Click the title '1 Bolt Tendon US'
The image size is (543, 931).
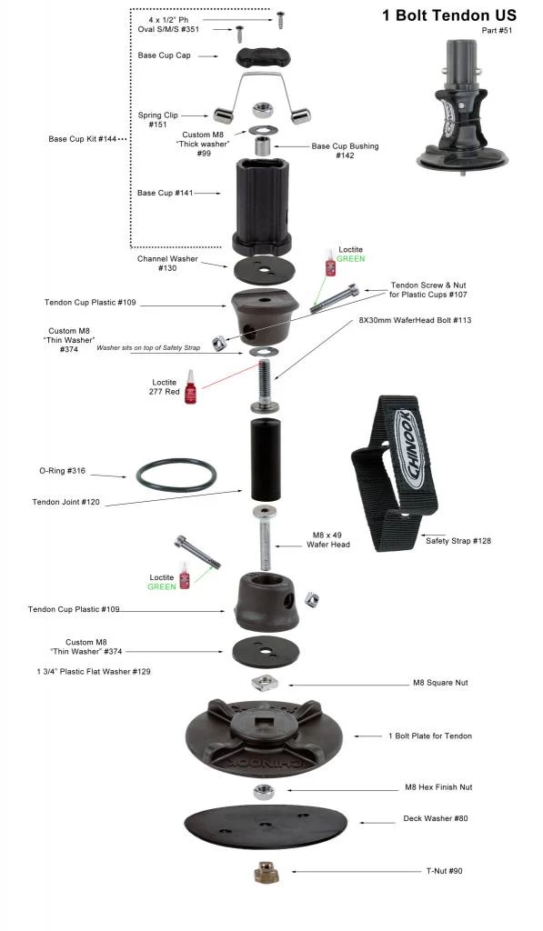point(449,15)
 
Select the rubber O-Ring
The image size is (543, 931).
point(176,475)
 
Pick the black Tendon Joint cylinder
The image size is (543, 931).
point(266,459)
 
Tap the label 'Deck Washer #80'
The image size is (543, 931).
point(436,818)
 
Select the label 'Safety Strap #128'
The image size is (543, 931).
point(458,541)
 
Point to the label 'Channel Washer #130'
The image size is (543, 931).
point(167,263)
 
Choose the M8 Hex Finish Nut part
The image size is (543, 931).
point(264,792)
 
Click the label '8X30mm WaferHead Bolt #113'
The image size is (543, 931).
point(415,320)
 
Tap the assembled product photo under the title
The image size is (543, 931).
point(462,105)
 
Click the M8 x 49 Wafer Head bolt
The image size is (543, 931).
point(265,538)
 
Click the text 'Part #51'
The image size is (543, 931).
point(497,30)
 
